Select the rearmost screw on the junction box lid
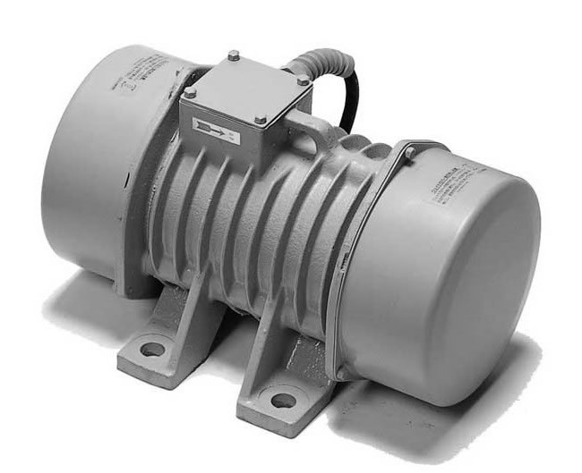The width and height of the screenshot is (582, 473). (233, 56)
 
